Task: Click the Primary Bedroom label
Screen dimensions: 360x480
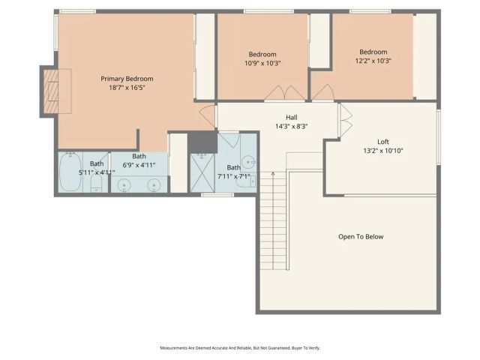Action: [x=127, y=78]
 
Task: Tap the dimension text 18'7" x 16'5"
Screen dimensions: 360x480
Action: [x=127, y=87]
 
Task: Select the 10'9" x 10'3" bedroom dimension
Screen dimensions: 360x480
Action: [x=262, y=64]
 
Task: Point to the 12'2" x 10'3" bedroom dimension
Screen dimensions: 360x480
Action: [x=373, y=61]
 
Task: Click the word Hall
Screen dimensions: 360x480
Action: [x=292, y=118]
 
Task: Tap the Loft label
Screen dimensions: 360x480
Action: [x=382, y=142]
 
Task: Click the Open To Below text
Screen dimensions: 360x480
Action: [x=360, y=237]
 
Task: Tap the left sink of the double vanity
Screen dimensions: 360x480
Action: [x=125, y=184]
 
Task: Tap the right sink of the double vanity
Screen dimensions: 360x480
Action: [x=154, y=184]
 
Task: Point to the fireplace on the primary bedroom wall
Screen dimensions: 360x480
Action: [x=49, y=91]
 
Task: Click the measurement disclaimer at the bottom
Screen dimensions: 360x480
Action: [x=239, y=348]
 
